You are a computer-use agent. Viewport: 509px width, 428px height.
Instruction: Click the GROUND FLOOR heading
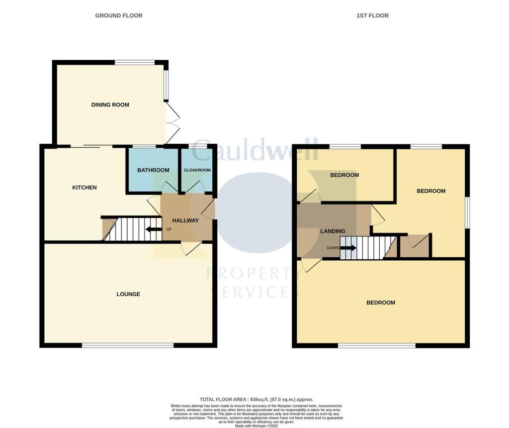tap(119, 15)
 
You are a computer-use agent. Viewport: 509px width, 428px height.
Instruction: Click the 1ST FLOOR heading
tap(372, 15)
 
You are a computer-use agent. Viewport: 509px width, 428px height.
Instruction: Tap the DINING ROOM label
tap(110, 105)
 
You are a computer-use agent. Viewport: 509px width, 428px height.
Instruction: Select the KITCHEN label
tap(85, 188)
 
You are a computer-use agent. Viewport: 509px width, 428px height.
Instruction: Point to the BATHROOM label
tap(153, 170)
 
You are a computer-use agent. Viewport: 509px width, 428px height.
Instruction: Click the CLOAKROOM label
tap(197, 170)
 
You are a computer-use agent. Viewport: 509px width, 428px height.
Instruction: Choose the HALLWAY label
tap(185, 220)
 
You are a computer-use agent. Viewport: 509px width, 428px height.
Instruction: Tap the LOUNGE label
tap(128, 294)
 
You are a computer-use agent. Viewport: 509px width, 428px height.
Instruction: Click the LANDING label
tap(333, 231)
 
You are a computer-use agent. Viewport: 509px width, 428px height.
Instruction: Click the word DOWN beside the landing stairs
tap(333, 248)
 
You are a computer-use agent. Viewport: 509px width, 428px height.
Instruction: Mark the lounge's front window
tap(128, 345)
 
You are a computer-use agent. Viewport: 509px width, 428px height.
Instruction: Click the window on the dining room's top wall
tap(135, 62)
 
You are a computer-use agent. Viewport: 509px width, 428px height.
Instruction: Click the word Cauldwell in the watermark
tap(254, 151)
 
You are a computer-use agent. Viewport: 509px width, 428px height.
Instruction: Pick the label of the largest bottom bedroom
tap(381, 303)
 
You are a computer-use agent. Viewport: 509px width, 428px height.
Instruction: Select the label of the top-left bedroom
tap(344, 175)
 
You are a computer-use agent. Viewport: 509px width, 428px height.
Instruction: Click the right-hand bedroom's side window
tap(467, 213)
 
